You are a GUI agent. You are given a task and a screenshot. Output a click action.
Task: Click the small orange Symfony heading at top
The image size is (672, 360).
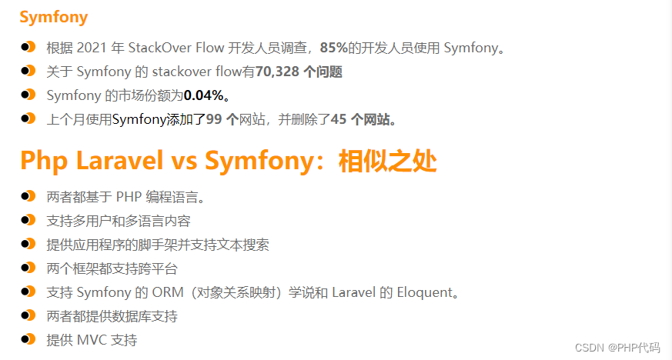tap(54, 17)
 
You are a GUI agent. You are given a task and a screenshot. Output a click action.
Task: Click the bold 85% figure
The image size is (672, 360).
tap(333, 48)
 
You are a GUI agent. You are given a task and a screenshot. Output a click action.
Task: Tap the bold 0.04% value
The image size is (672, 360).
tap(204, 96)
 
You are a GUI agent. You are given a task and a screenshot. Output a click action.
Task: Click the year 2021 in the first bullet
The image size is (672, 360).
tap(91, 48)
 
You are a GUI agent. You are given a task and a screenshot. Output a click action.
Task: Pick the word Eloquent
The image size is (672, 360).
tap(420, 292)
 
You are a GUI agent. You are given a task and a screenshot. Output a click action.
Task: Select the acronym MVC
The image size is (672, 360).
tap(92, 340)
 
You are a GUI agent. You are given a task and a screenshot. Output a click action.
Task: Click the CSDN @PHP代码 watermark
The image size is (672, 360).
tap(613, 347)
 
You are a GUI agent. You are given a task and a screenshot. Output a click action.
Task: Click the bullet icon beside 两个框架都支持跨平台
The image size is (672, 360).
tap(28, 268)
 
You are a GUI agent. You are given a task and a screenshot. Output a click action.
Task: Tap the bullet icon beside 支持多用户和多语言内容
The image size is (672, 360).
tap(28, 220)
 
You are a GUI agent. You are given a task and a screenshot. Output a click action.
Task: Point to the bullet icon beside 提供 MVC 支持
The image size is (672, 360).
tap(28, 339)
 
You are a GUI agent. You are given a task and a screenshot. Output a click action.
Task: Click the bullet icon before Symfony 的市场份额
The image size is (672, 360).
tap(28, 95)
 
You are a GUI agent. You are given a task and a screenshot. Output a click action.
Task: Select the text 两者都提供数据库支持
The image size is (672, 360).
tap(112, 316)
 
